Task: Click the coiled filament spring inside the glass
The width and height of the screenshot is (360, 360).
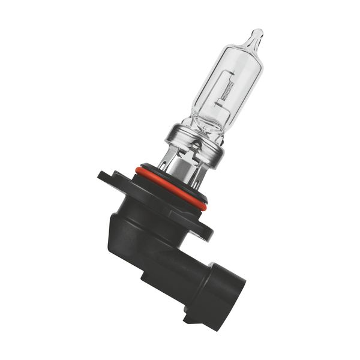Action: tap(226, 90)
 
